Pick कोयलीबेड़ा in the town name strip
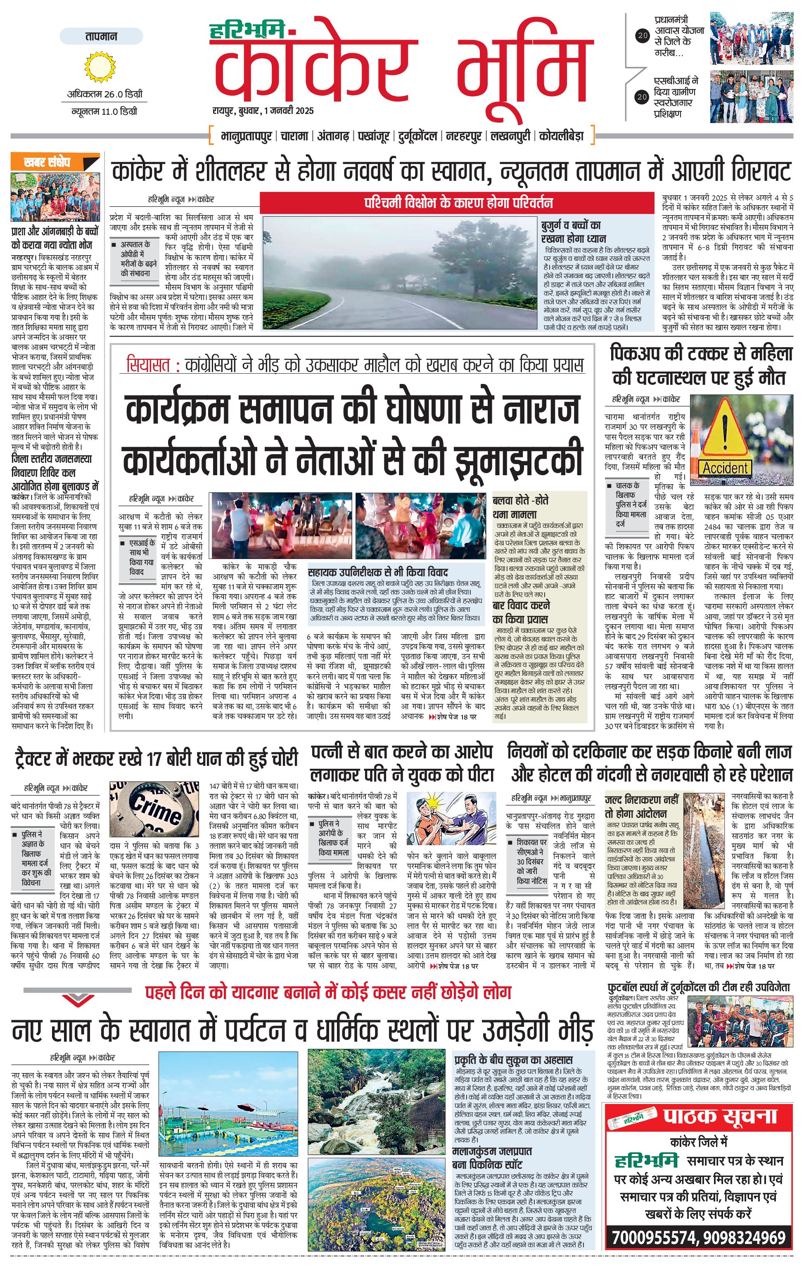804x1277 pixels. point(561,136)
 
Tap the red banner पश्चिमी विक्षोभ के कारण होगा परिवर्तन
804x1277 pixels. point(457,203)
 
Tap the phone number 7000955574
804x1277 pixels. point(653,1253)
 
